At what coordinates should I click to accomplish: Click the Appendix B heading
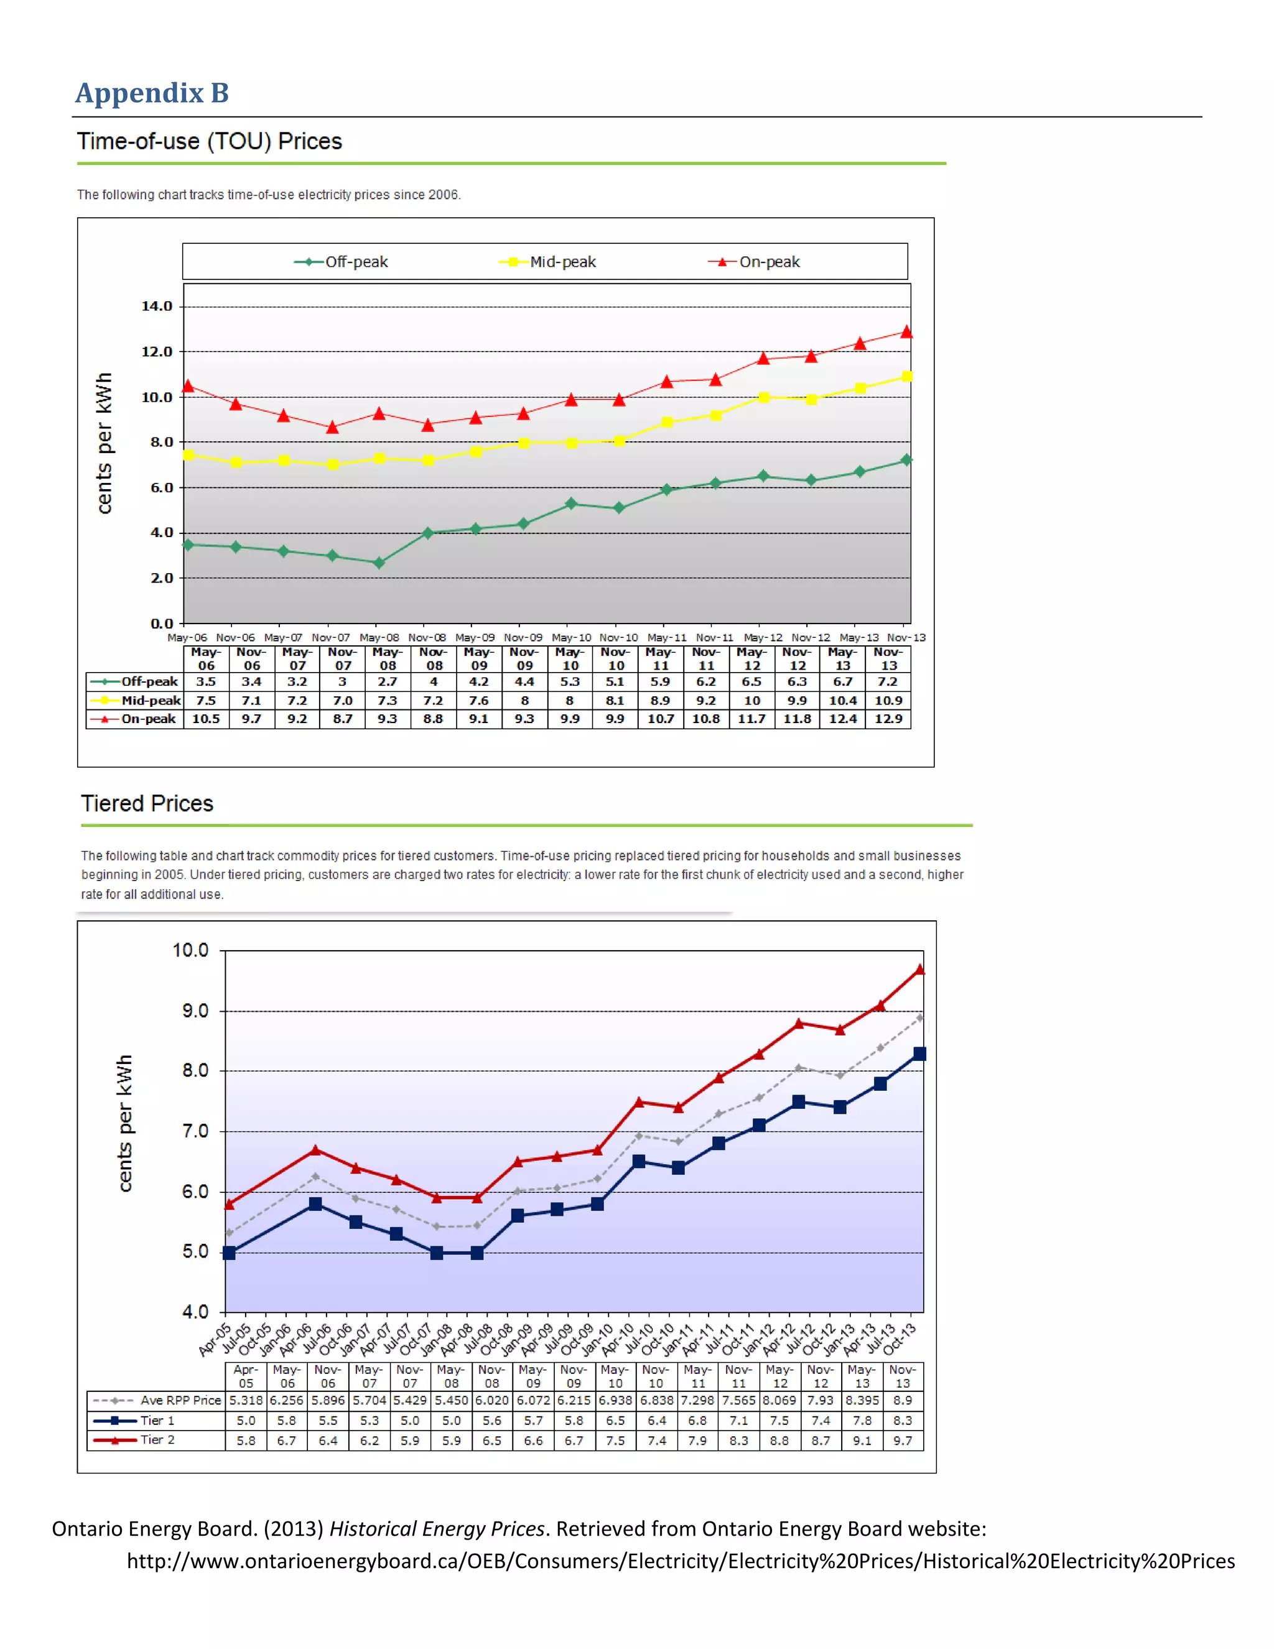pos(152,93)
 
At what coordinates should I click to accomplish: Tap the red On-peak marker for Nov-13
pos(906,332)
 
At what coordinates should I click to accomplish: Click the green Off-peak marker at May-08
pos(379,563)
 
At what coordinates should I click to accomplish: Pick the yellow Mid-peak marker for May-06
pos(188,454)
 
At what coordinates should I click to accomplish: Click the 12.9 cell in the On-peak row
pos(888,719)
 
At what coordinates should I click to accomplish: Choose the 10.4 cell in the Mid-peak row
pos(842,700)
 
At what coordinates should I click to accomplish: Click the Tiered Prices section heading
pos(147,803)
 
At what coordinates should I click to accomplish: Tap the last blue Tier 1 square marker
pos(919,1053)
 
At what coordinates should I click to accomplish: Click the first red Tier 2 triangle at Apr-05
pos(230,1203)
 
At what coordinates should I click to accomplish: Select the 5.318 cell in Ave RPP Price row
pos(246,1400)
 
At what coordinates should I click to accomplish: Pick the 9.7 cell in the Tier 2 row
pos(903,1441)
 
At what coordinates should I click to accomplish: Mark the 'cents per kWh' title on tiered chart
pos(124,1123)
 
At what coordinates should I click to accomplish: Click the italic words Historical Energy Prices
pos(437,1529)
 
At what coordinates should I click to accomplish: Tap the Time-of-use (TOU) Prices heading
pos(209,141)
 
